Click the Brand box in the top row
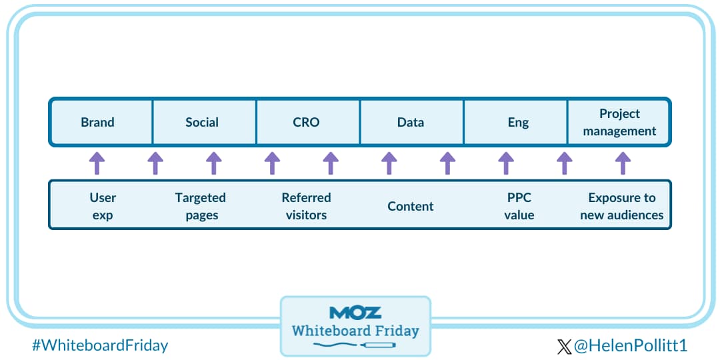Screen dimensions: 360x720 tap(98, 122)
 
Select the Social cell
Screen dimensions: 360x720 tap(202, 122)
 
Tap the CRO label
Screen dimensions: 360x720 tap(306, 122)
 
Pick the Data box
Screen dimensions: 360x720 tap(411, 122)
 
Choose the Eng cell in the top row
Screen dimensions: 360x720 tap(518, 122)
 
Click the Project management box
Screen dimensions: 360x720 tap(619, 122)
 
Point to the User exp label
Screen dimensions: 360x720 tap(103, 206)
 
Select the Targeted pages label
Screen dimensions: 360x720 tap(201, 206)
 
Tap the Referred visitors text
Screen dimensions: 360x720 tap(306, 206)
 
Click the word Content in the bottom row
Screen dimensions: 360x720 tap(411, 206)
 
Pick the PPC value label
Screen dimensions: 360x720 tap(519, 206)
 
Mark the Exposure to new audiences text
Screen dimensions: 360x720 tap(621, 206)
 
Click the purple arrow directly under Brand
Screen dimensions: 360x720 tap(97, 163)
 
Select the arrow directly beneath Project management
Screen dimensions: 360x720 tap(623, 163)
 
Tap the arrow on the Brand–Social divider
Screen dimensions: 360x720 tap(155, 163)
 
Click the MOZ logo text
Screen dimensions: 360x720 tap(355, 313)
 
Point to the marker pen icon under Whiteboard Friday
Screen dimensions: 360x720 tap(380, 345)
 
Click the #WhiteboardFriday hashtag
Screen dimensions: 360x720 tap(100, 345)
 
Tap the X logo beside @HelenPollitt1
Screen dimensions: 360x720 tap(564, 346)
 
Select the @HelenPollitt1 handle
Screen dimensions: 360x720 tap(630, 345)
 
